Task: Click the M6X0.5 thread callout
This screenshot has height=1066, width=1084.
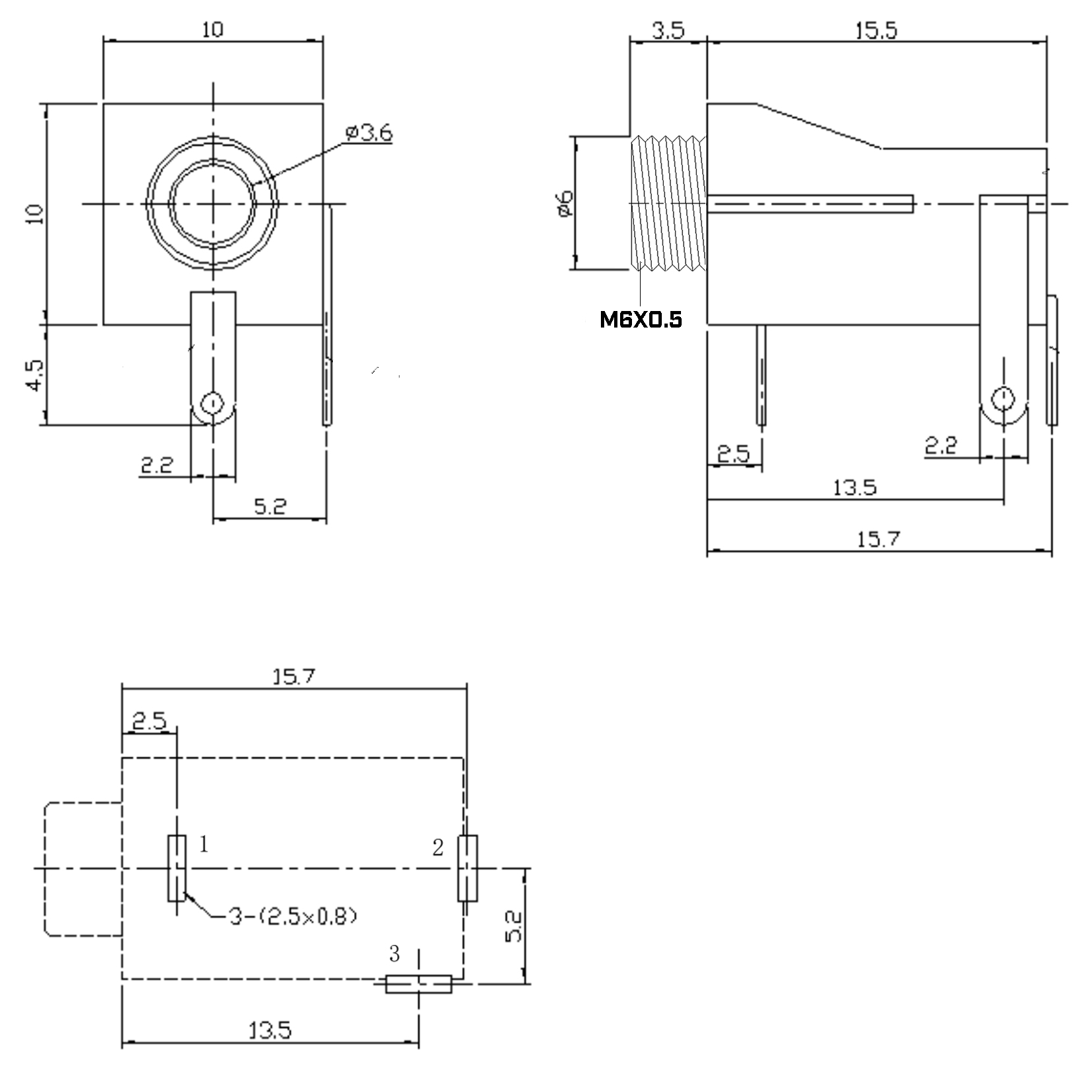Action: [640, 320]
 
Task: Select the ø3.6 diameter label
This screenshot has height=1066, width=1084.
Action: [369, 132]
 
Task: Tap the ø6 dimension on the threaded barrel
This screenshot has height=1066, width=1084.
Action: [565, 203]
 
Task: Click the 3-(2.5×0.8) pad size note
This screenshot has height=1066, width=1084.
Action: [293, 916]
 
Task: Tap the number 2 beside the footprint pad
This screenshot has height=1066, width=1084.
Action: [437, 848]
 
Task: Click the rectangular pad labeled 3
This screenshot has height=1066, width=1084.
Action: [418, 984]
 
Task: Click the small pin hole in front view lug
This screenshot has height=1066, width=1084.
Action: [212, 403]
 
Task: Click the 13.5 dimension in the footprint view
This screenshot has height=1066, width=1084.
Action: [270, 1030]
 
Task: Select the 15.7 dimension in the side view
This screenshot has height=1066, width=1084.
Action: [878, 539]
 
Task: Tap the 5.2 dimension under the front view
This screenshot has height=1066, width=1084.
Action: [270, 507]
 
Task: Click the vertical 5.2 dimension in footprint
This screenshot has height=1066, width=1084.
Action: [514, 926]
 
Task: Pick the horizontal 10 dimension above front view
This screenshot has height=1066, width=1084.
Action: [212, 29]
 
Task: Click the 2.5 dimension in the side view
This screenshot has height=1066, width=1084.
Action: [733, 454]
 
